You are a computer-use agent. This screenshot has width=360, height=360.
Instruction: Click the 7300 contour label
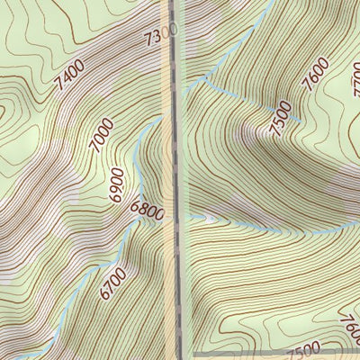tap(161, 36)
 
